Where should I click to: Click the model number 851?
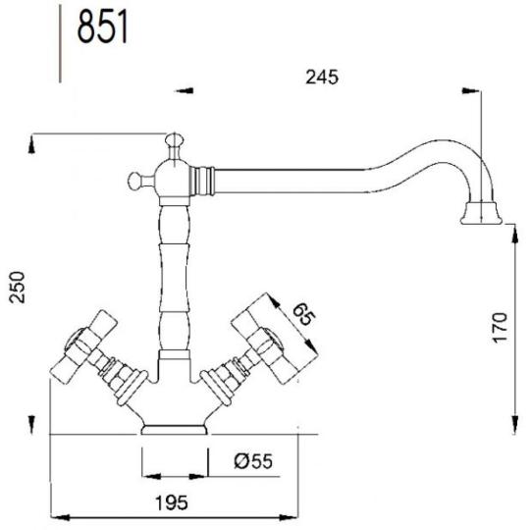(x=103, y=26)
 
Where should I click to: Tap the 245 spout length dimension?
(x=322, y=78)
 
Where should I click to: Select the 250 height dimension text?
(x=18, y=287)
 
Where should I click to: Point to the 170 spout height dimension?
(x=500, y=328)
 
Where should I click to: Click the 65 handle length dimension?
(x=303, y=314)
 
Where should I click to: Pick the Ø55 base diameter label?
(x=253, y=461)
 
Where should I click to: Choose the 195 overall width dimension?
(x=172, y=503)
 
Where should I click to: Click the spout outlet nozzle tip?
(x=481, y=213)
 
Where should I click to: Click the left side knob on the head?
(x=134, y=180)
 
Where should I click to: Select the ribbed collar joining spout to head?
(x=202, y=181)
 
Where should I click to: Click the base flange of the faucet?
(x=175, y=429)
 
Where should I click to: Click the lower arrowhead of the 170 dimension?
(x=514, y=424)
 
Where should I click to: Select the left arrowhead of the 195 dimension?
(x=62, y=517)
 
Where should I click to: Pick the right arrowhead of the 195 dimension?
(x=288, y=517)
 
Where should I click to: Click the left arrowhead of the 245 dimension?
(x=185, y=90)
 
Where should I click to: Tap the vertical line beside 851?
(x=60, y=44)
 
